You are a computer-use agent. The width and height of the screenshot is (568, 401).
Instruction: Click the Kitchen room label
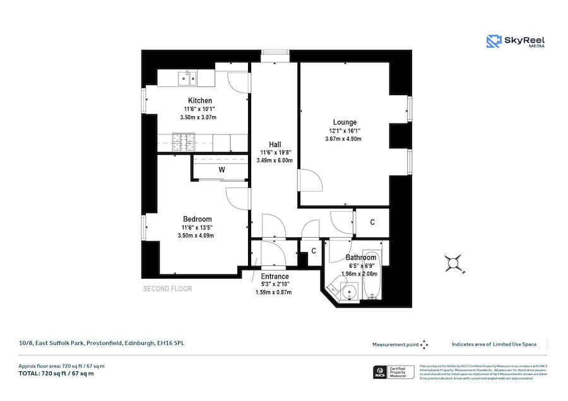pyautogui.click(x=199, y=101)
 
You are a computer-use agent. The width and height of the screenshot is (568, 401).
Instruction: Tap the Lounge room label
pyautogui.click(x=345, y=122)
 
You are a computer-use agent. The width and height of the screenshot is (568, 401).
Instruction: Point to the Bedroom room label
pyautogui.click(x=197, y=219)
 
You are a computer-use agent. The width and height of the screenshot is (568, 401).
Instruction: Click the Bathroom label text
pyautogui.click(x=360, y=258)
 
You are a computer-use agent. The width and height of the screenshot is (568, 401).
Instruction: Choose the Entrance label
pyautogui.click(x=275, y=276)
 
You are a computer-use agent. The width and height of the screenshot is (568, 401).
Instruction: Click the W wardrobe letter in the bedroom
pyautogui.click(x=222, y=170)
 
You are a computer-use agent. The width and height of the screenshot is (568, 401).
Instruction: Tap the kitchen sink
pyautogui.click(x=187, y=78)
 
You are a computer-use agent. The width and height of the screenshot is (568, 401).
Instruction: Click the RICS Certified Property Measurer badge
pyautogui.click(x=394, y=371)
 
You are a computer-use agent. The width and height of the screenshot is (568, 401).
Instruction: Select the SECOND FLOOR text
pyautogui.click(x=167, y=289)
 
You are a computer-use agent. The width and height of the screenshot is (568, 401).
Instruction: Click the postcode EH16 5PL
pyautogui.click(x=170, y=344)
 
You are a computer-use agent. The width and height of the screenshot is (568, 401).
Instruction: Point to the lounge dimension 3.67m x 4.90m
pyautogui.click(x=344, y=139)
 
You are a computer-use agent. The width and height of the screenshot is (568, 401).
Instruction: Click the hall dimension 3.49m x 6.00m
pyautogui.click(x=275, y=160)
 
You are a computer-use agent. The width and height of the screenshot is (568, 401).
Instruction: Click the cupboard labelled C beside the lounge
pyautogui.click(x=372, y=222)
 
